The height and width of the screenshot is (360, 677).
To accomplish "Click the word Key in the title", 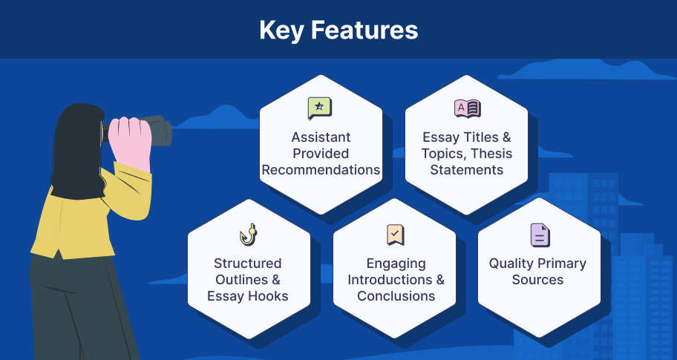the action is [281, 30].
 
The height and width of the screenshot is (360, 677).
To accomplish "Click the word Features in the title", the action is [364, 30].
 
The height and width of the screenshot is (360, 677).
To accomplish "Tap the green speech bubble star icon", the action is [319, 108].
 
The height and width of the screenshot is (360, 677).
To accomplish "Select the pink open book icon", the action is [467, 108].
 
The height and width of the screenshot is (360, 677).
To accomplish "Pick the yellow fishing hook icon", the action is [248, 235].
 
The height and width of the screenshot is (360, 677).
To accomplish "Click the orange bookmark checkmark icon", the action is [396, 235].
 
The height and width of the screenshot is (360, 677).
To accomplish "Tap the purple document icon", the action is [540, 235].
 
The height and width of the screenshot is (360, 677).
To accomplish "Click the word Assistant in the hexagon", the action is [321, 137].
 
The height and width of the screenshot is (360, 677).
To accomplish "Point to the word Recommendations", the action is [321, 170].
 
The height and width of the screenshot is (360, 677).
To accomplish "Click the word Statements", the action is [467, 170].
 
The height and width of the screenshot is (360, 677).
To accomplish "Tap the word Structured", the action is [248, 264].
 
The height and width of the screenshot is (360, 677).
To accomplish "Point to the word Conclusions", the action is [396, 296].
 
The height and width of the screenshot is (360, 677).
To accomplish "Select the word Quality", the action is [509, 264].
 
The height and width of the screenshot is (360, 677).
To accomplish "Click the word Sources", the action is [537, 280].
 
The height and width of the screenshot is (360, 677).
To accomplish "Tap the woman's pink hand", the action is [130, 142].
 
